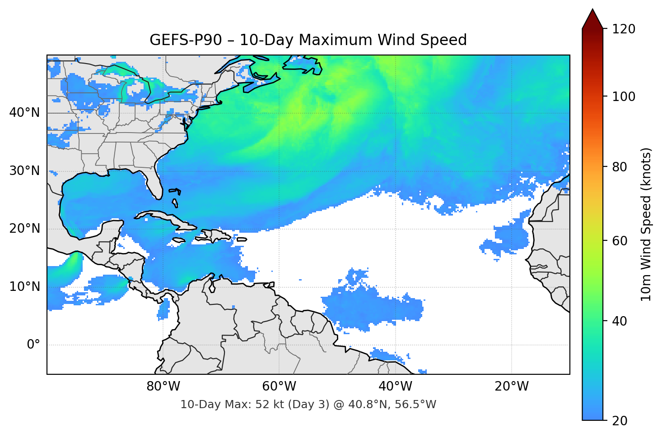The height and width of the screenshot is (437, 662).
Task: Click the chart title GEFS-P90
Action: click(x=308, y=40)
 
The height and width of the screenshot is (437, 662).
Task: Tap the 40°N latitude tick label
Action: click(x=24, y=112)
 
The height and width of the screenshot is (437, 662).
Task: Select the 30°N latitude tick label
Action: click(x=24, y=171)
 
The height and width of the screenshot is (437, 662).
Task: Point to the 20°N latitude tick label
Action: click(x=24, y=229)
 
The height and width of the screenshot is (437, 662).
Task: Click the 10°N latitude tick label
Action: click(x=24, y=287)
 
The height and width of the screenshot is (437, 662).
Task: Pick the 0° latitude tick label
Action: click(x=33, y=345)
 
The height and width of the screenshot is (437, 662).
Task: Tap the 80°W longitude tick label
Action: click(x=163, y=386)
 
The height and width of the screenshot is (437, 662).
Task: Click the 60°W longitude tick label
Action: click(x=279, y=386)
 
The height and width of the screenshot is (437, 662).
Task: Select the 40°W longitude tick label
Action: click(x=396, y=386)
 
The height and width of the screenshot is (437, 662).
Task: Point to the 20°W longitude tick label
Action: click(x=512, y=386)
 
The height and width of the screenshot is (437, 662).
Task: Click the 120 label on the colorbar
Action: click(x=624, y=29)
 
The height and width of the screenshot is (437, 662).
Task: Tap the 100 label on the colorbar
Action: click(x=624, y=97)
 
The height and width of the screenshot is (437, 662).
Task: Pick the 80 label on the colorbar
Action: click(x=620, y=167)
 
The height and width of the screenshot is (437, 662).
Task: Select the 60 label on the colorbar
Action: click(x=620, y=241)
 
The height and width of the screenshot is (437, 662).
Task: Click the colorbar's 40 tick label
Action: click(x=620, y=321)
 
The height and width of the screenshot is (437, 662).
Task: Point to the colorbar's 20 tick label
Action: click(x=620, y=421)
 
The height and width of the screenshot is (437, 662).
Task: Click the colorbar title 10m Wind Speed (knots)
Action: click(x=646, y=224)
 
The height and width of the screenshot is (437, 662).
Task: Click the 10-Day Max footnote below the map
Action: click(x=308, y=405)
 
